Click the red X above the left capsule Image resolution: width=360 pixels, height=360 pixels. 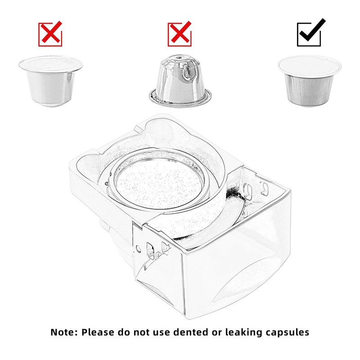tap(50, 34)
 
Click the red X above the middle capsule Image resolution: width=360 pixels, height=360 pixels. tap(180, 34)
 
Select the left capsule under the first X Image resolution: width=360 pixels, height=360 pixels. tap(50, 81)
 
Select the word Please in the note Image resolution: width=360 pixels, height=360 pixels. tap(99, 333)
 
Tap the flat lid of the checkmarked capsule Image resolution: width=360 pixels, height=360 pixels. tap(309, 65)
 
